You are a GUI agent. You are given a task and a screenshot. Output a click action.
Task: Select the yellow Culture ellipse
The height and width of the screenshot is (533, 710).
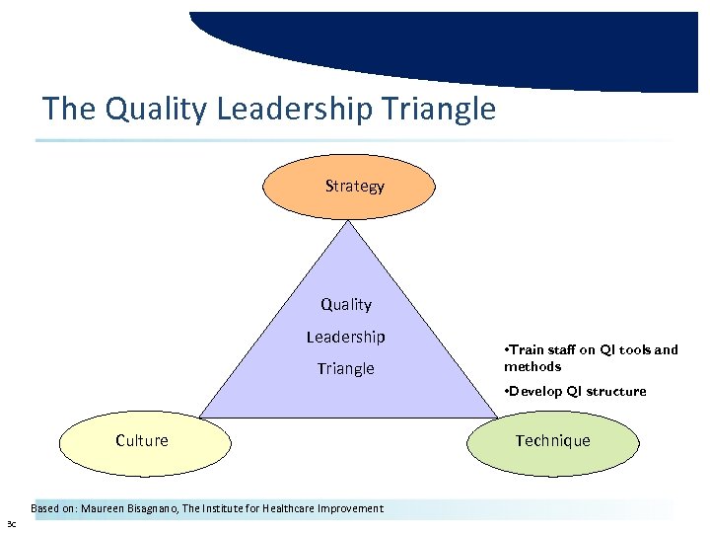[142, 441]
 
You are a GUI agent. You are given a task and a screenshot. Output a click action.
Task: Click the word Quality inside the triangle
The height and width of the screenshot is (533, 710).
[346, 305]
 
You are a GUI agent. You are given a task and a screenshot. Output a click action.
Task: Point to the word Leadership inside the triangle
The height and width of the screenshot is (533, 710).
[345, 337]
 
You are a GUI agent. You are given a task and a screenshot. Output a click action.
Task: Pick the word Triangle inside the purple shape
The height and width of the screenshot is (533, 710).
[345, 369]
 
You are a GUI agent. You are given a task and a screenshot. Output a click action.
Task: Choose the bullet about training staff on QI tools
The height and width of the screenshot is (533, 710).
[591, 350]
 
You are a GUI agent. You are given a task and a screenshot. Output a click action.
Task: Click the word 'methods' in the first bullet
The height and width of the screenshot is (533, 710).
[532, 366]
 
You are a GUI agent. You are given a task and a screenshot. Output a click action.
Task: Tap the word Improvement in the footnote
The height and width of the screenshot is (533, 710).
[354, 509]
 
